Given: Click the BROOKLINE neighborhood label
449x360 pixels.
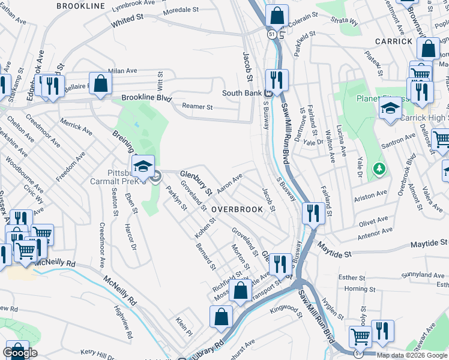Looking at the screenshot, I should tap(80, 5).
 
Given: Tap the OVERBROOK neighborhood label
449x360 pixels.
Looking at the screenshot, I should tap(237, 209).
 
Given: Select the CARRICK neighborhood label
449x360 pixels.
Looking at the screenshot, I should tap(394, 41).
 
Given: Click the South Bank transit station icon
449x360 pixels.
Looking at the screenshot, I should tap(269, 93).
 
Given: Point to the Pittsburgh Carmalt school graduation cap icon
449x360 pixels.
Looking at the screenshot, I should tap(143, 167).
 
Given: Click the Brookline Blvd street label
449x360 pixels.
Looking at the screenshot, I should tap(146, 97).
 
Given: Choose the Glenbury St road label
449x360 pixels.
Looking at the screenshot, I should tap(196, 182).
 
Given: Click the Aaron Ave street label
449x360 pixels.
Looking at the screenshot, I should tap(229, 184).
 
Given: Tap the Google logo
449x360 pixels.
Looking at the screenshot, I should tap(20, 353).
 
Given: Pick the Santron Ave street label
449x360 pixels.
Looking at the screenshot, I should tap(402, 142).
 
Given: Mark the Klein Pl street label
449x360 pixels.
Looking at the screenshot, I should tap(184, 331).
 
